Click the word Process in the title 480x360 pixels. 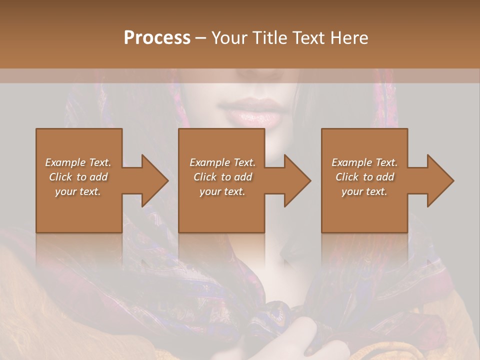click(x=157, y=38)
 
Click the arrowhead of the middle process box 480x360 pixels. click(x=297, y=180)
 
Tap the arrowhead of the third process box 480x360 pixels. click(x=440, y=180)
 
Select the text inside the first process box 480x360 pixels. click(x=78, y=177)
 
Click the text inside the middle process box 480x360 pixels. click(x=222, y=177)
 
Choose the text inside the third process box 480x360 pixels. click(x=364, y=177)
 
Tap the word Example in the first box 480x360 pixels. click(x=64, y=162)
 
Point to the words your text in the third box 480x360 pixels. click(x=364, y=191)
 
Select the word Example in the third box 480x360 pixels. click(x=351, y=162)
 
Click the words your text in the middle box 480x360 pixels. click(x=222, y=191)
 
